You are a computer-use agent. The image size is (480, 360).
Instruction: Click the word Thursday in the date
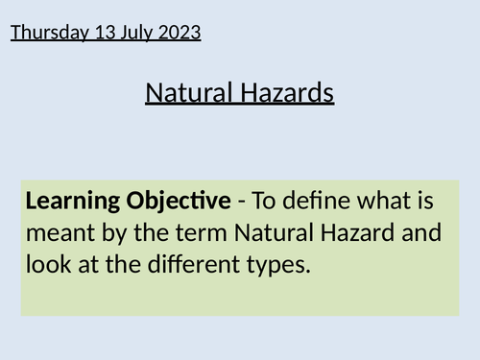[x=45, y=33]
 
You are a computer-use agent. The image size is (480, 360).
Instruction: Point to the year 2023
[x=180, y=33]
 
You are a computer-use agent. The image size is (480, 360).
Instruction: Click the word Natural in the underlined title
[x=186, y=93]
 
